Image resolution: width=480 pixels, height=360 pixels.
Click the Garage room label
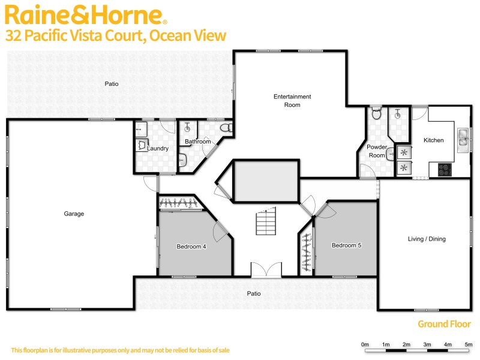click(74, 214)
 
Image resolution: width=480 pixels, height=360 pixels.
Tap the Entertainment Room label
click(292, 100)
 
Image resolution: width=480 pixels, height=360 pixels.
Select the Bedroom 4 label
click(191, 246)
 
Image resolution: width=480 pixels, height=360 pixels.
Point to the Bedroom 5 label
click(346, 245)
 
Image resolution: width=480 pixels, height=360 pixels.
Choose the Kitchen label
click(433, 140)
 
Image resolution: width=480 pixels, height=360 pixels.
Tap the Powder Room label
click(376, 151)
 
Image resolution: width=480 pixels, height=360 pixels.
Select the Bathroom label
click(197, 142)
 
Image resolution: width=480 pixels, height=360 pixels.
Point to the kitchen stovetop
click(445, 169)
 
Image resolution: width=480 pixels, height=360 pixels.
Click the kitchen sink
click(463, 138)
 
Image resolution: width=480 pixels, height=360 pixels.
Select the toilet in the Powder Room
click(376, 114)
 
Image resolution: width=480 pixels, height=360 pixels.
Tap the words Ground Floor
click(445, 324)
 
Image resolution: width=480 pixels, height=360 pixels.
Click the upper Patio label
click(111, 84)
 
